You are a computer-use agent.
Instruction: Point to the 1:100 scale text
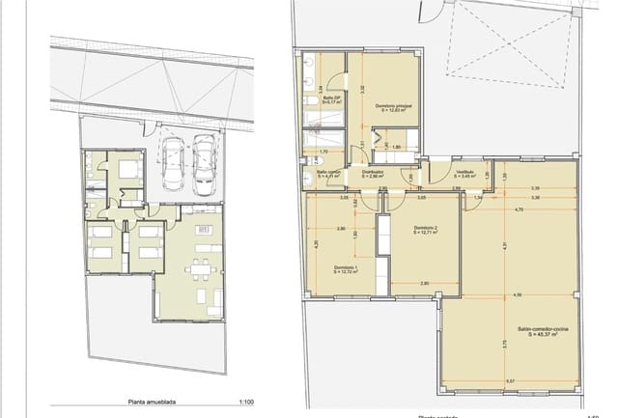pyautogui.click(x=246, y=404)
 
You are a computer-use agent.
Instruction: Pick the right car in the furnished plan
pyautogui.click(x=204, y=164)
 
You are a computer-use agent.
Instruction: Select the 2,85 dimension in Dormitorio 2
pyautogui.click(x=425, y=283)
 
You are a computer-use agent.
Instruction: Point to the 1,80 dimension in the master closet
pyautogui.click(x=397, y=147)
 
